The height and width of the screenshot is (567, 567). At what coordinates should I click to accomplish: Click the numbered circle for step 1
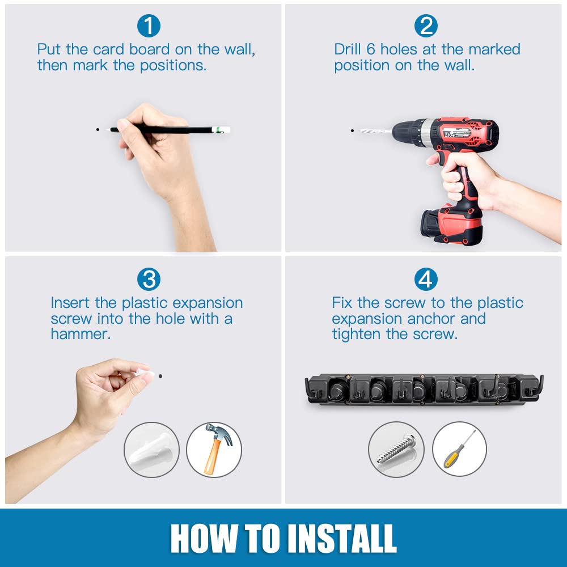pos(149,26)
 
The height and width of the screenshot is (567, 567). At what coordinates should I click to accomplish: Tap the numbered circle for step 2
pos(426,26)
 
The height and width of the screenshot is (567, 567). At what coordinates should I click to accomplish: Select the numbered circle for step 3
pos(149,279)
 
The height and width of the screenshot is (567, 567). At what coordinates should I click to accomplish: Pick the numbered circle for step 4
pos(426,279)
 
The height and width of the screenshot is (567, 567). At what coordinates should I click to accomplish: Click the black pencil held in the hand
pos(170,129)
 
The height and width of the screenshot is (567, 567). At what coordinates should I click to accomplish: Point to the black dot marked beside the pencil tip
pos(98,129)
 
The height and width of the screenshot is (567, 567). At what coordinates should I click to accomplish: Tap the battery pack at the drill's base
pos(452,224)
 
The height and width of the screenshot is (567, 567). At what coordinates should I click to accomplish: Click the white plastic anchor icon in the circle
pos(152,450)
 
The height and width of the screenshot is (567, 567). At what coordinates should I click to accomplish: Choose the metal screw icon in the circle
pos(396,448)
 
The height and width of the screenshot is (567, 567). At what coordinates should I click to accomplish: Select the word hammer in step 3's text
pos(81,334)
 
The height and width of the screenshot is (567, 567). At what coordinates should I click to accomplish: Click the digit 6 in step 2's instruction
pos(371,49)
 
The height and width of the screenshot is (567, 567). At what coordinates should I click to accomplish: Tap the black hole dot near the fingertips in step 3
pos(160,376)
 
